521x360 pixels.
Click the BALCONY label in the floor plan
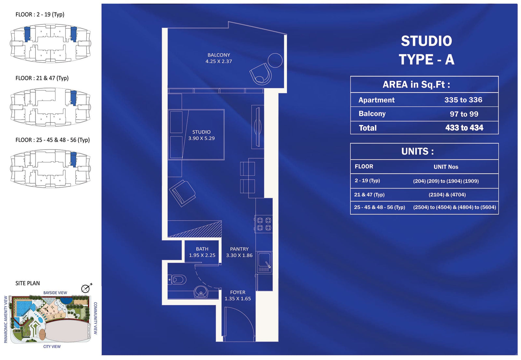[218, 55]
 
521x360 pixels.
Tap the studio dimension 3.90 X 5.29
[202, 138]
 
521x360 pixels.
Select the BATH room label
[202, 249]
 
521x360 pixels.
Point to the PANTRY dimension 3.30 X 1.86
[239, 255]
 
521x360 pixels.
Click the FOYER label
[238, 292]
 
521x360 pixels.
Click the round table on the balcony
[275, 60]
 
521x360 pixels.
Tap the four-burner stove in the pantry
[264, 224]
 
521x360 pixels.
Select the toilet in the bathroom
[177, 280]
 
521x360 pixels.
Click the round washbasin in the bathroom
[201, 292]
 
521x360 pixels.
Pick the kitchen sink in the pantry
[264, 262]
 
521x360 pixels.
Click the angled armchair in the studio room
[182, 193]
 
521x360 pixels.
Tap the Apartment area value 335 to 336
[463, 100]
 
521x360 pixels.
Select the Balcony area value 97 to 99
[464, 114]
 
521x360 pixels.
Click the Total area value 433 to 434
[464, 128]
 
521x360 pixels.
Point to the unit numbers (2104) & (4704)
[447, 195]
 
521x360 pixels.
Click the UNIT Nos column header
[446, 167]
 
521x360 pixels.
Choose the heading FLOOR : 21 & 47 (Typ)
[42, 78]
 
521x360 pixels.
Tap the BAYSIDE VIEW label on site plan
[55, 293]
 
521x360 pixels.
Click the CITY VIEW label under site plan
[52, 347]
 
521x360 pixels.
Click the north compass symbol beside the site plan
[86, 288]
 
